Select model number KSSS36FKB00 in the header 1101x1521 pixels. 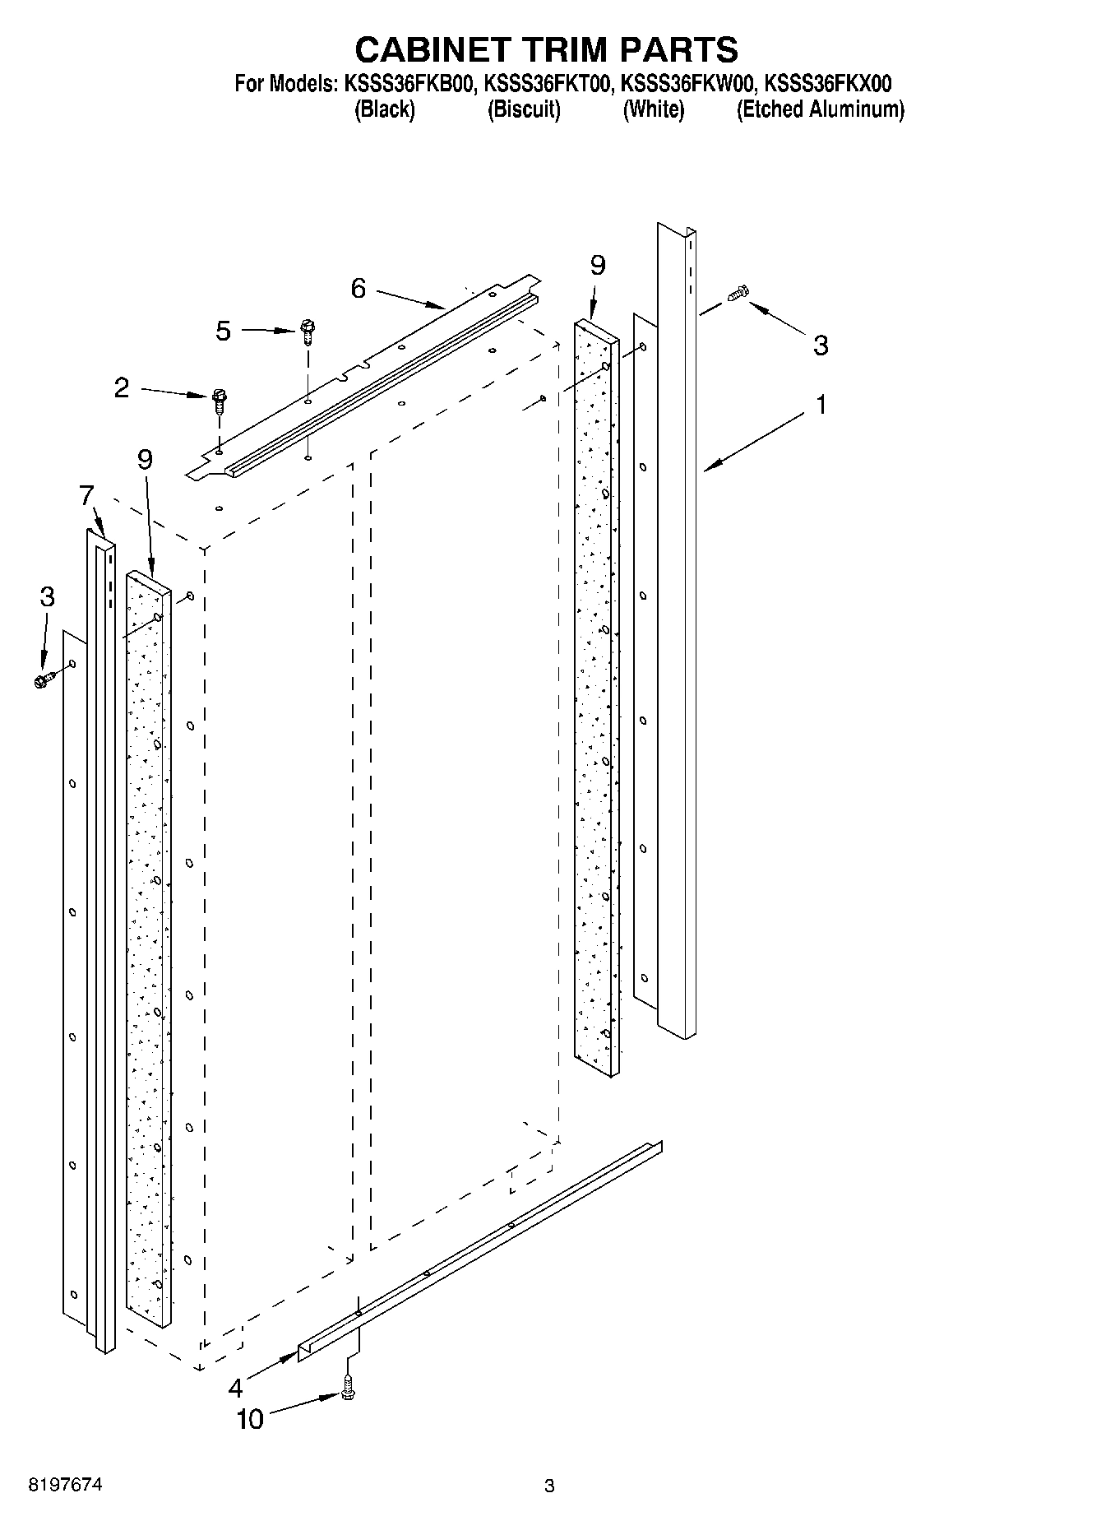coord(410,84)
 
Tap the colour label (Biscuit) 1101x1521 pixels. coord(524,109)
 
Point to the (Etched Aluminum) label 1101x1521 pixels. coord(820,109)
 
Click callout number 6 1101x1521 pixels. coord(358,289)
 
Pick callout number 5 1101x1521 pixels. coord(224,332)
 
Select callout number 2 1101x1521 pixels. coord(122,388)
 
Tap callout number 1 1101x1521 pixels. coord(821,405)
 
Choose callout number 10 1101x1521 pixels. coord(250,1419)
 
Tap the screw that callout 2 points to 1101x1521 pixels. coord(218,400)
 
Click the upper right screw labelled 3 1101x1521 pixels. coord(739,293)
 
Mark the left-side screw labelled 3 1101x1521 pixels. coord(44,679)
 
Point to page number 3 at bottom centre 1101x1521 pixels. coord(549,1486)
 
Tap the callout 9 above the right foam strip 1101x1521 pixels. coord(598,266)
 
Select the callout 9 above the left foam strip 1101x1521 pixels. coord(145,459)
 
